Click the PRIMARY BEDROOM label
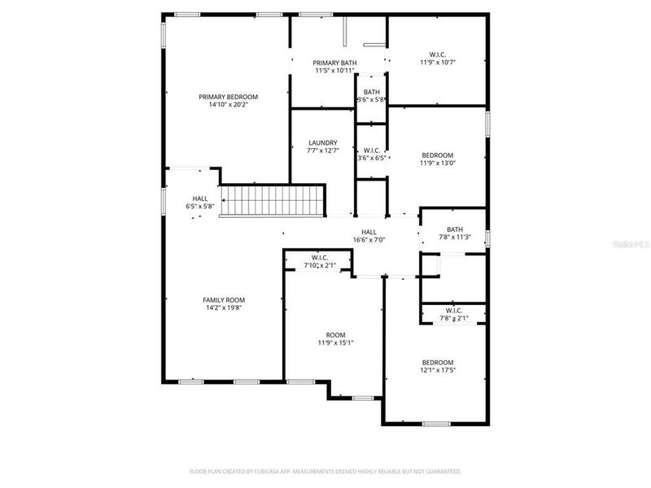228,97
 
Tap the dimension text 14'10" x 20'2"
228,105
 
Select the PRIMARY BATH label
336,63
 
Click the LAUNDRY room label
322,142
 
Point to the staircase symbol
274,200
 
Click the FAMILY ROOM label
224,299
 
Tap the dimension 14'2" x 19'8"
224,307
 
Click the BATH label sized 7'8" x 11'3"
454,229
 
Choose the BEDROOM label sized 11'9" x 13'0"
437,155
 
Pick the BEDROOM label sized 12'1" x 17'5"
438,362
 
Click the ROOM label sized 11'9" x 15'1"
335,334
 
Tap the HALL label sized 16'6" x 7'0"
369,232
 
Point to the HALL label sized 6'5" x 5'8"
199,198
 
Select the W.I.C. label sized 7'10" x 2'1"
319,258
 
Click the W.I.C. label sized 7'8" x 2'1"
454,310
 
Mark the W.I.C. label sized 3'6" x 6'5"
371,150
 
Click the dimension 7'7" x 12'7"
322,150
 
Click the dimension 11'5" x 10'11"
336,71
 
